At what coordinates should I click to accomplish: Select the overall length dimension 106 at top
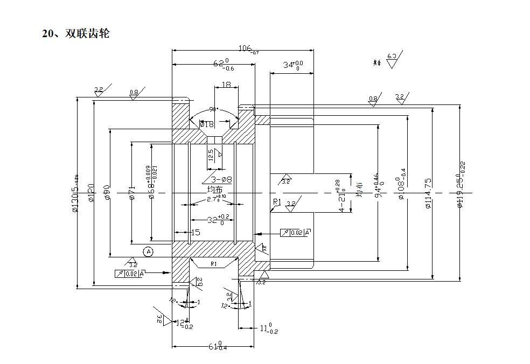(x=247, y=49)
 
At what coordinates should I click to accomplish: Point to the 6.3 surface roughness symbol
(x=392, y=56)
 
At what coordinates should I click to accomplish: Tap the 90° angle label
(x=213, y=109)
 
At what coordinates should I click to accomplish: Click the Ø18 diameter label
(x=207, y=124)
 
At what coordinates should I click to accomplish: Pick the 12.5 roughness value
(x=211, y=155)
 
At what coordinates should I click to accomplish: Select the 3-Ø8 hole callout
(x=221, y=179)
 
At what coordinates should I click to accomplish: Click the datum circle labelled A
(x=149, y=251)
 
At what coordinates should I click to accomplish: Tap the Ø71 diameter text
(x=131, y=192)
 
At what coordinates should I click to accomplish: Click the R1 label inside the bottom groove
(x=213, y=264)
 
